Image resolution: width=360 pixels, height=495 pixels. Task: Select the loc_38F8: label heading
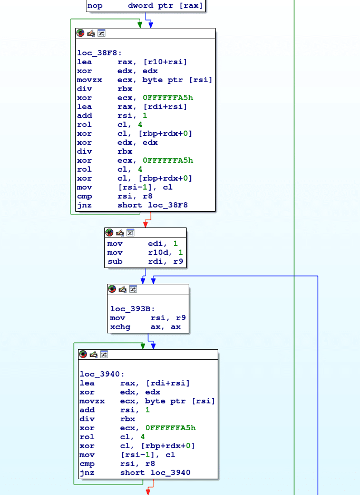(100, 53)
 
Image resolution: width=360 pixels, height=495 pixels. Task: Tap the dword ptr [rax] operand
(165, 6)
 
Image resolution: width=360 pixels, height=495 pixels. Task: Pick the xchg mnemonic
(119, 326)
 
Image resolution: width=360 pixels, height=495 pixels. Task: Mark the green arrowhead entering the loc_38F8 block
(140, 25)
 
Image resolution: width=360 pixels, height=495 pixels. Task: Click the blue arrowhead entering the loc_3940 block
(154, 346)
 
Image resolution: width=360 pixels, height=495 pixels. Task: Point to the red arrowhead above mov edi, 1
(145, 224)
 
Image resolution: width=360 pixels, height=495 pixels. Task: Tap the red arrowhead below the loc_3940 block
(148, 492)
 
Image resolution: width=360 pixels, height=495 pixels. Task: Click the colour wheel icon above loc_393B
(112, 289)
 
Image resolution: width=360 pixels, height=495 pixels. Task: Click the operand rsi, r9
(168, 318)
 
